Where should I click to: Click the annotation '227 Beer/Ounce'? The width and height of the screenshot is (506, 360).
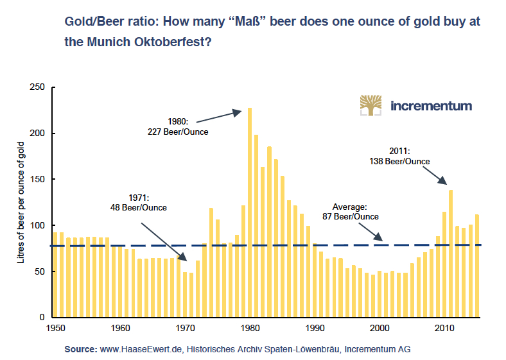[x=179, y=132]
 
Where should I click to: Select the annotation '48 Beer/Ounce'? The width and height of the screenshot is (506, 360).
[x=139, y=207]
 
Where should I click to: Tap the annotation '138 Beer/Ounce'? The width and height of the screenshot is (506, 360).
[x=400, y=161]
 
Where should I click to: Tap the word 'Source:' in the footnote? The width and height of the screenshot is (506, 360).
[x=81, y=350]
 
